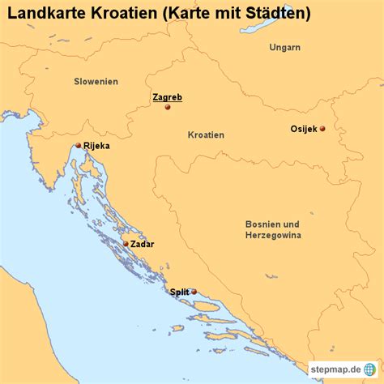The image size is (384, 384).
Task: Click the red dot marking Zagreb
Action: point(168,107)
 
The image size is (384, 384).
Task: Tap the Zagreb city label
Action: point(168,97)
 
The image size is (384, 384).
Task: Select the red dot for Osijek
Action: point(322,129)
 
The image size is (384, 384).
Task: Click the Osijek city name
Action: point(304,129)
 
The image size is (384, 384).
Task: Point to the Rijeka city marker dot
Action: point(78,146)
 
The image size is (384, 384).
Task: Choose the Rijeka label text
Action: point(96,147)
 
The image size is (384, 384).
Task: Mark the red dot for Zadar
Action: point(125,243)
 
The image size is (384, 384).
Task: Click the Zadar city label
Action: point(142,244)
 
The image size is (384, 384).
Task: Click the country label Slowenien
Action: point(96,82)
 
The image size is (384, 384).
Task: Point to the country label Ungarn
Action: point(285,48)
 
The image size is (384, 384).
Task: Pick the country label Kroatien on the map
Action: point(206,135)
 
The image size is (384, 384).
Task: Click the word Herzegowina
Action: point(274,235)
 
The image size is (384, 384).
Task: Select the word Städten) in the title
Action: point(280,13)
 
